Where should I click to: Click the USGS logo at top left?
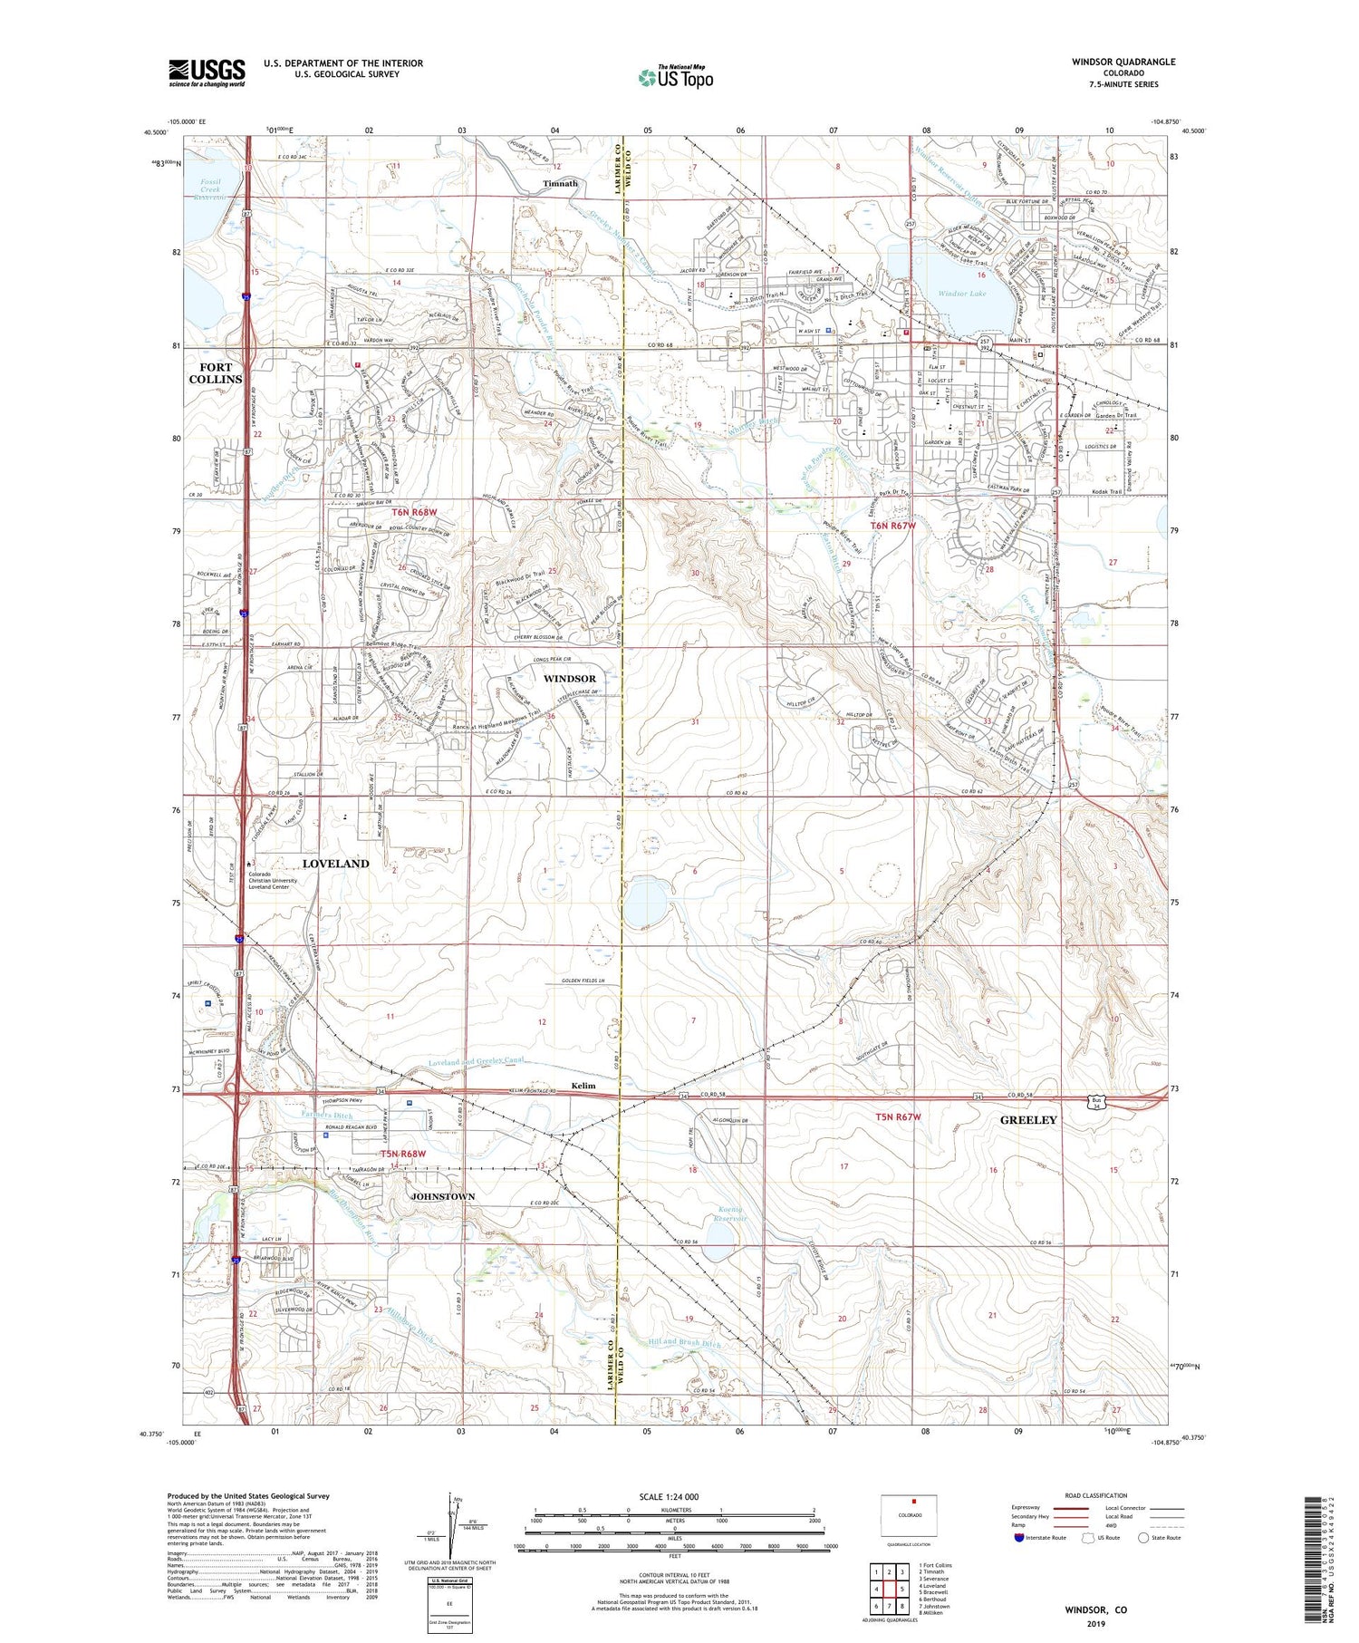[x=207, y=72]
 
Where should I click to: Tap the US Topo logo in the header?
[x=676, y=77]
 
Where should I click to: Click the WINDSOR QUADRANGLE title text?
[x=1123, y=62]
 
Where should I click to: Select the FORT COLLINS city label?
[x=216, y=373]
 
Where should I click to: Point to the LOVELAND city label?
[x=335, y=864]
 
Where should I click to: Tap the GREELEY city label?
[x=1028, y=1120]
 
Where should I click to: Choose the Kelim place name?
[x=583, y=1086]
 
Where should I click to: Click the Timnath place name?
[x=560, y=183]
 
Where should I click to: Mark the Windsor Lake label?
[x=961, y=294]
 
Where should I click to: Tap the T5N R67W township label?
[x=898, y=1117]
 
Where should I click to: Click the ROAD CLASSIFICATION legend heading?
[x=1096, y=1495]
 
